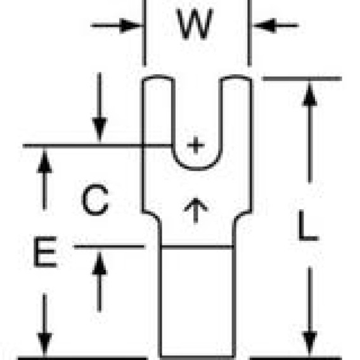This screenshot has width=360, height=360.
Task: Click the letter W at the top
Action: click(195, 24)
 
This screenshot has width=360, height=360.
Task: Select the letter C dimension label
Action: click(95, 200)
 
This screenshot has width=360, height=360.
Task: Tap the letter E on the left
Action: click(45, 252)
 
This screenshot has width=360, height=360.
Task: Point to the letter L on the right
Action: click(308, 226)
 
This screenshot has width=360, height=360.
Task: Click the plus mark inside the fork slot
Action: click(196, 145)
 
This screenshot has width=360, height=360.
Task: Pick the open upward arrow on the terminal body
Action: click(196, 210)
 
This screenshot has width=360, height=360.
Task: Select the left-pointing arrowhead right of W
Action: click(264, 25)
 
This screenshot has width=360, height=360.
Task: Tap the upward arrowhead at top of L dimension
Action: click(310, 94)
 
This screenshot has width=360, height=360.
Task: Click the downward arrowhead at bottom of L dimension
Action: click(310, 343)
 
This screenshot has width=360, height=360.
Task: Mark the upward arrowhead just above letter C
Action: click(44, 162)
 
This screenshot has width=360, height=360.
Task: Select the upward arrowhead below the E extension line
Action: click(100, 263)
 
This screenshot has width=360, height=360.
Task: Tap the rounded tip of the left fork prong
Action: click(158, 76)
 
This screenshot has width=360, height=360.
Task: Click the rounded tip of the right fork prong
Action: click(236, 76)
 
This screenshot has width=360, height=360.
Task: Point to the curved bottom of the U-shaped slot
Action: click(196, 169)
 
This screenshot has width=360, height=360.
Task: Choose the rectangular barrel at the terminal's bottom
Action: click(197, 302)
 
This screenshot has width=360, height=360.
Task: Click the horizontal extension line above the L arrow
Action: click(302, 79)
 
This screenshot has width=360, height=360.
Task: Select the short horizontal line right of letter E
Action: click(109, 247)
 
